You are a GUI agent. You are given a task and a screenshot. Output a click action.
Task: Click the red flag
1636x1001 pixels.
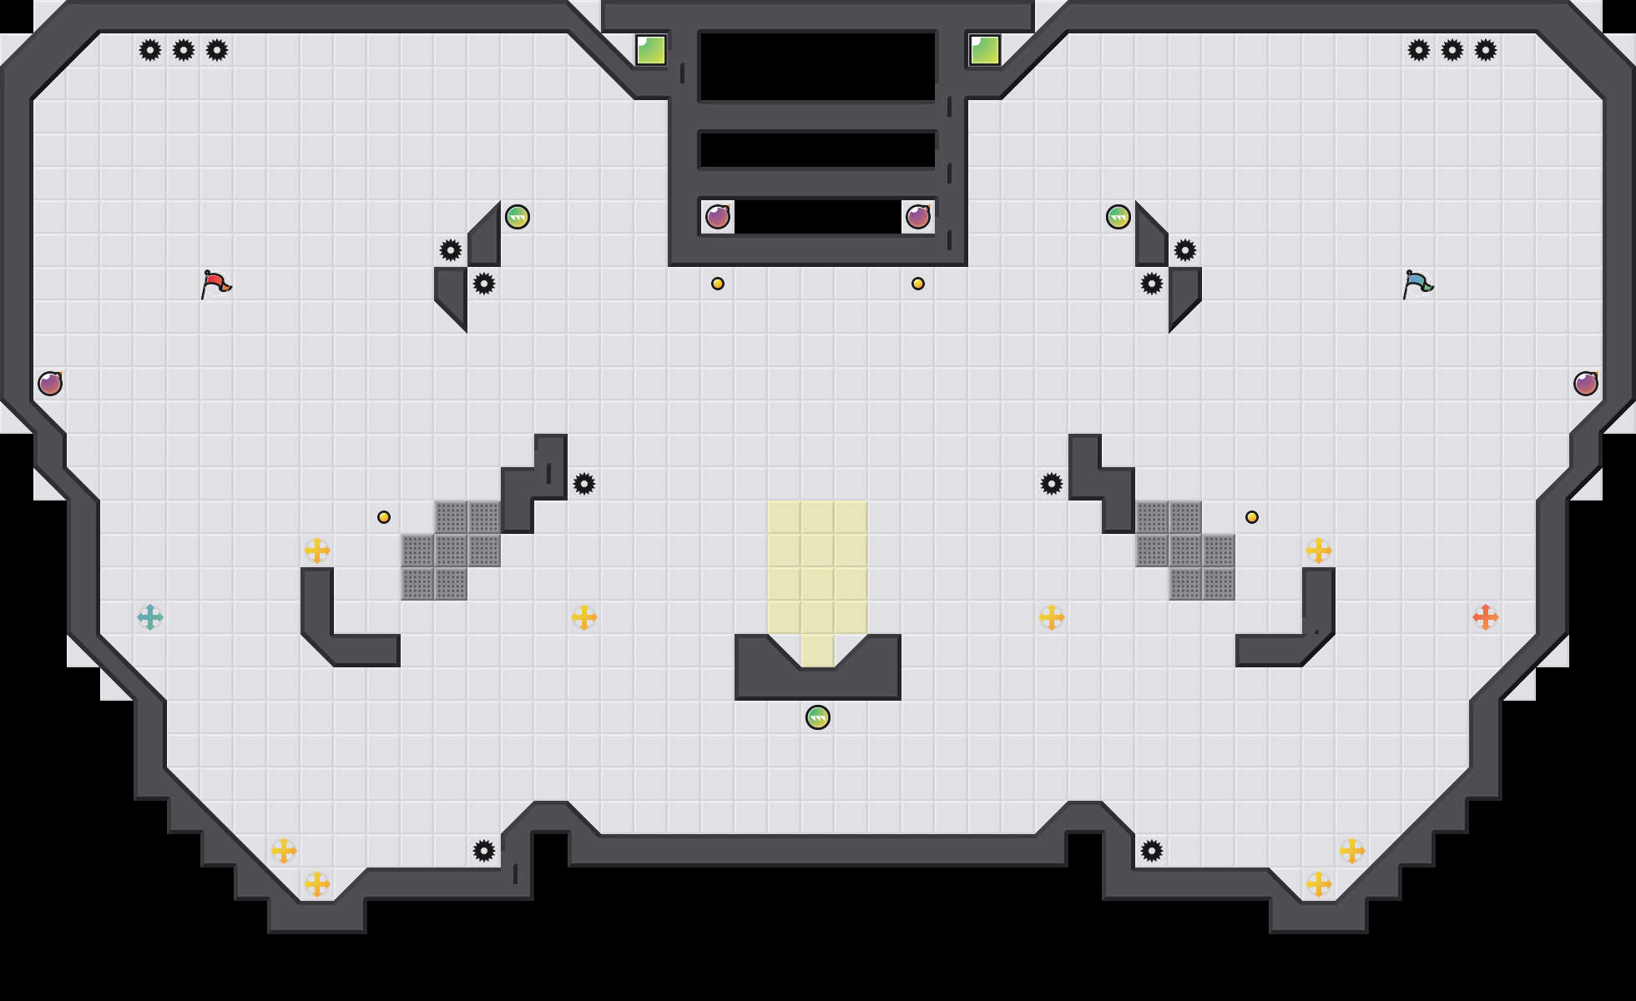[x=215, y=284]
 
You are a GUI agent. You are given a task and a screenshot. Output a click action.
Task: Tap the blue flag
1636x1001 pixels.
[x=1417, y=284]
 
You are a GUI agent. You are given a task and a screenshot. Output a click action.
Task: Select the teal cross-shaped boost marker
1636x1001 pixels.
[x=150, y=617]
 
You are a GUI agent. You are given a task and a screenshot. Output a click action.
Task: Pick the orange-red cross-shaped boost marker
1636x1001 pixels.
[x=1486, y=617]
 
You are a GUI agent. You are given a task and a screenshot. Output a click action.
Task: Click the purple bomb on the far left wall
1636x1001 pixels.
[x=50, y=384]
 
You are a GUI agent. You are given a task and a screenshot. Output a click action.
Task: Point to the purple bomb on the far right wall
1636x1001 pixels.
[x=1586, y=384]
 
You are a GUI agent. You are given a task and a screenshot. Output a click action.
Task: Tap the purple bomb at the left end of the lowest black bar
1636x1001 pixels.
[x=718, y=217]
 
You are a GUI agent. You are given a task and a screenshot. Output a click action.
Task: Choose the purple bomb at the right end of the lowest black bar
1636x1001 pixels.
[x=918, y=217]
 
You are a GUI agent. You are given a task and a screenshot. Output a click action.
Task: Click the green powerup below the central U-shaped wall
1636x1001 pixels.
[x=818, y=717]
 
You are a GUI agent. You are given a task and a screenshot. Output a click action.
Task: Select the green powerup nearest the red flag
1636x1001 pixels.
[x=518, y=217]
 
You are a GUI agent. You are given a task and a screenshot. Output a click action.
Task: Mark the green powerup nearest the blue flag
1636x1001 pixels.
[x=1118, y=217]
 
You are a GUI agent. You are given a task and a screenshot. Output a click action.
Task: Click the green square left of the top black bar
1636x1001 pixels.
[x=651, y=50]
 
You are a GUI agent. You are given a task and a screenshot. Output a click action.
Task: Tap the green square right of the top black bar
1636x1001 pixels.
[x=985, y=50]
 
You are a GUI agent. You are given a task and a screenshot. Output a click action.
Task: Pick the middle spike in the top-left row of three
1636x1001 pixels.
[x=184, y=50]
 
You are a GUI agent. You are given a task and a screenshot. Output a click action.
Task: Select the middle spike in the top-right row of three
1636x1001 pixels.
[x=1452, y=50]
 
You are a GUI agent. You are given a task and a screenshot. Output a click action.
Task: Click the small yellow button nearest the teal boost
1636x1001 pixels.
[x=384, y=517]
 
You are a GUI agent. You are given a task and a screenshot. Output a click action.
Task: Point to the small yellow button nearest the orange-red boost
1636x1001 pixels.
[x=1252, y=517]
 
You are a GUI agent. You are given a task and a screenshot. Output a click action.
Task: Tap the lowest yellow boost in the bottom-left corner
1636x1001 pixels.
[x=317, y=884]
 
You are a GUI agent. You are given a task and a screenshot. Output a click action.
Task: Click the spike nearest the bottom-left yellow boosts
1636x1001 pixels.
[x=484, y=851]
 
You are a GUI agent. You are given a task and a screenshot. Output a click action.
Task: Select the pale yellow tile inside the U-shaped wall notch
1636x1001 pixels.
[x=818, y=651]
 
